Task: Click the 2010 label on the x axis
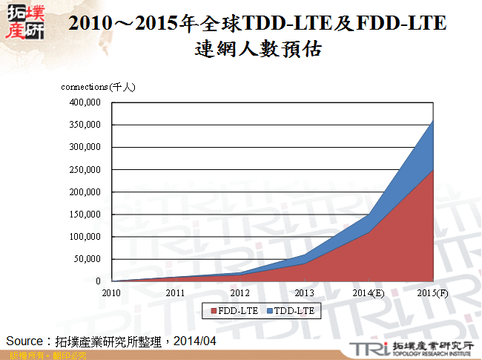tap(111, 293)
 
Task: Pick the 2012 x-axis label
tap(240, 293)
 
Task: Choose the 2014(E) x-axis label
tap(368, 293)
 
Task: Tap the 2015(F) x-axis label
tap(432, 293)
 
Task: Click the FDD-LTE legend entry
tap(237, 311)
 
